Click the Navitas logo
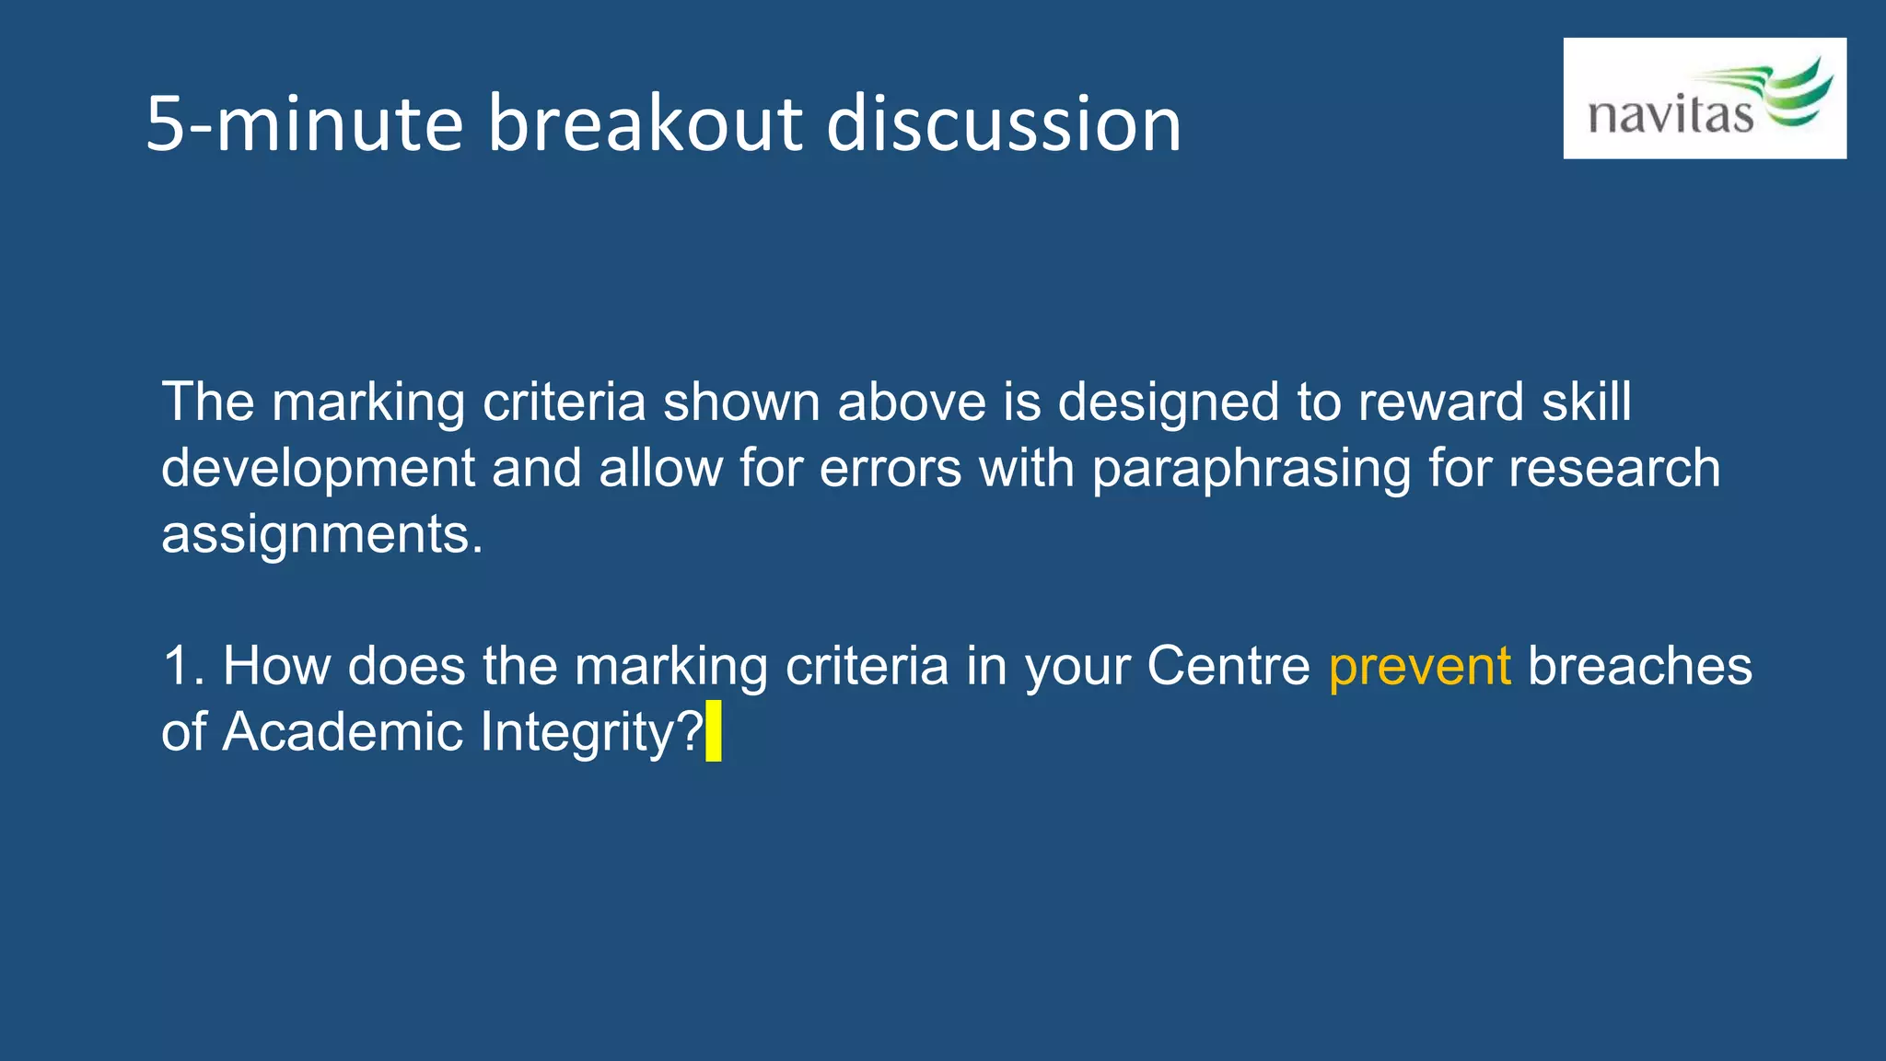click(1704, 99)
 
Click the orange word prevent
click(1419, 666)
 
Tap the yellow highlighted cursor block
click(714, 731)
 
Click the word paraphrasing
click(1251, 470)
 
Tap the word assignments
click(320, 534)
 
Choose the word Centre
click(1228, 666)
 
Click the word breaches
click(1639, 666)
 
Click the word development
click(318, 470)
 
